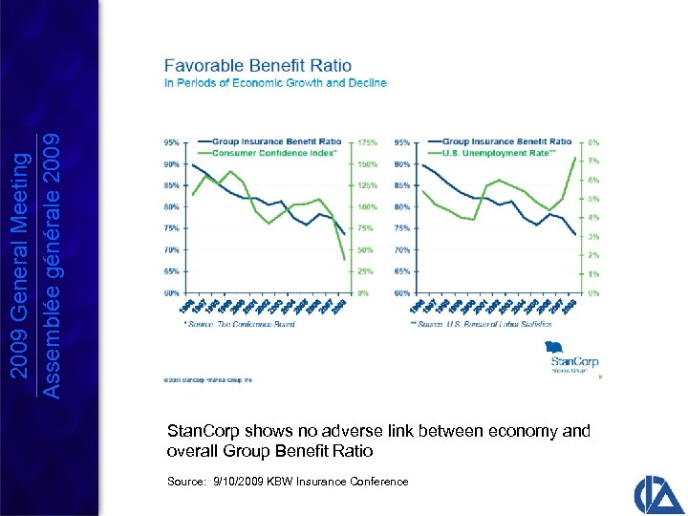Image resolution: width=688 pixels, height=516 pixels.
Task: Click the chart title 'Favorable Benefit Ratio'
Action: coord(258,66)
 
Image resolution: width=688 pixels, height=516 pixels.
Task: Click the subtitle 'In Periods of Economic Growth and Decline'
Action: coord(275,83)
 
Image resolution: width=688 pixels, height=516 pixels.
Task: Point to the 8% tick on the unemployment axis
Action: coord(593,141)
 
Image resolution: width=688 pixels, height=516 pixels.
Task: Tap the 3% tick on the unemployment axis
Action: coord(593,236)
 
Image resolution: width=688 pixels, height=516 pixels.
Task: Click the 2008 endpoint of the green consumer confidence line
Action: coord(344,259)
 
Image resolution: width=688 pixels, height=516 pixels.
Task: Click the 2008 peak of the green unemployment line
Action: coord(574,158)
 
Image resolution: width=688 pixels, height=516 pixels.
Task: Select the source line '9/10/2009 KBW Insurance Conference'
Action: coord(288,481)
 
